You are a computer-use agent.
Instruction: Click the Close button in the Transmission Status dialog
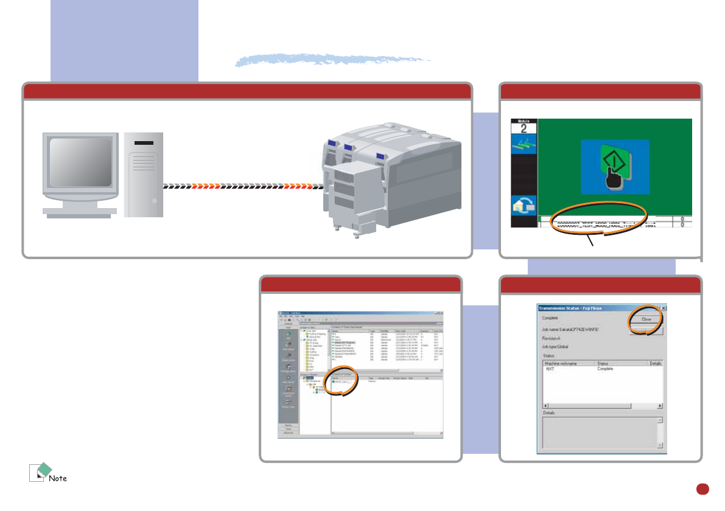click(x=645, y=318)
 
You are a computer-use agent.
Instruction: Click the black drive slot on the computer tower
click(x=144, y=144)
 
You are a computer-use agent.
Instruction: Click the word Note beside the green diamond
click(x=58, y=478)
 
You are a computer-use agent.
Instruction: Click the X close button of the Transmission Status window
click(x=664, y=308)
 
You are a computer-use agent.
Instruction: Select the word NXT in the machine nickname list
click(x=550, y=369)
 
